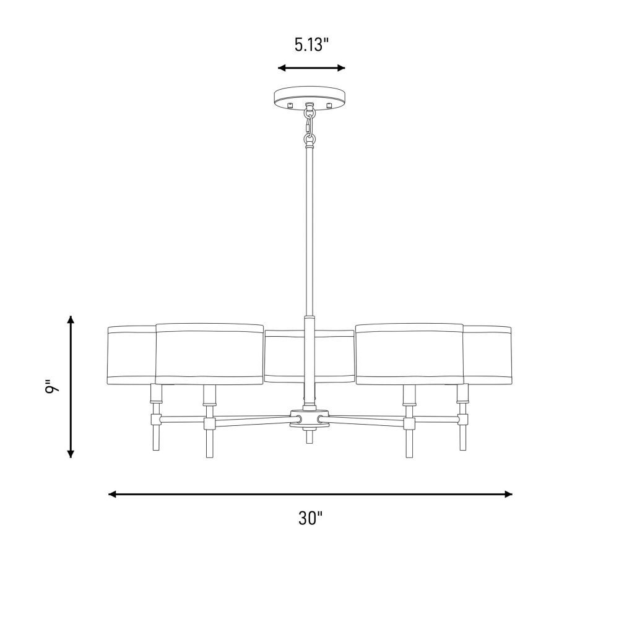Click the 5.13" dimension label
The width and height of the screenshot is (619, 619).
pos(311,45)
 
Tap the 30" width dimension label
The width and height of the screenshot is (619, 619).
pos(311,518)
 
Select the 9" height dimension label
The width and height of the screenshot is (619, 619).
pos(51,387)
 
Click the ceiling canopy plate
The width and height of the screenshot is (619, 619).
pos(310,98)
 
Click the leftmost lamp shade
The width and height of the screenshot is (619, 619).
pos(131,355)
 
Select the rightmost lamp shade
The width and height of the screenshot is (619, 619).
pos(487,355)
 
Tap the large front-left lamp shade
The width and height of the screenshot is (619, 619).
pos(209,353)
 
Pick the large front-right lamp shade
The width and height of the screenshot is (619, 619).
pos(409,353)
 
